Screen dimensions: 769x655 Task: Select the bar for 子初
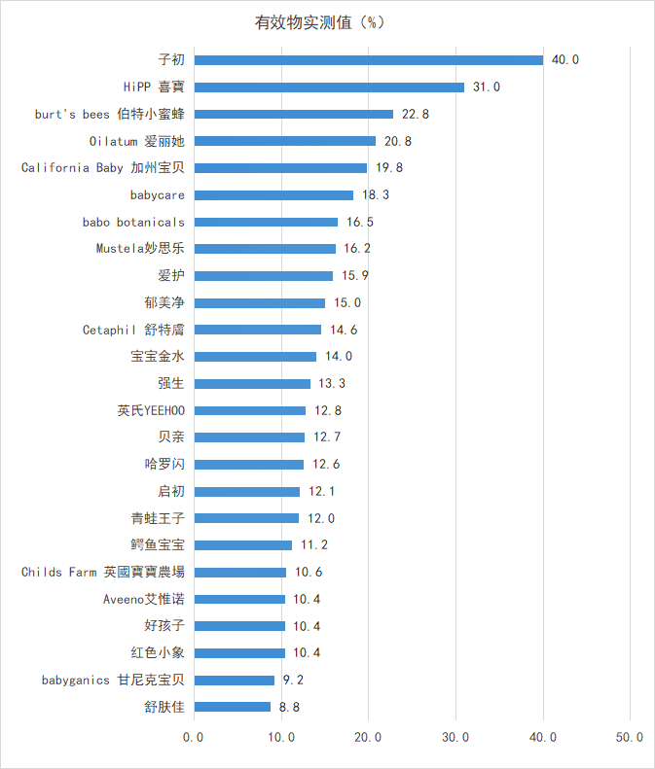coord(369,60)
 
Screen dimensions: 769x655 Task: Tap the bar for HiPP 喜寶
coord(329,87)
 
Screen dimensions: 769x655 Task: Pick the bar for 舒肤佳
coord(233,707)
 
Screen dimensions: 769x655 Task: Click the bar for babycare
coord(273,195)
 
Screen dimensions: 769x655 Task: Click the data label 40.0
coord(564,60)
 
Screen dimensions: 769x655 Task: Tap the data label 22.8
coord(415,115)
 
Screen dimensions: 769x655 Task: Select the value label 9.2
coord(293,681)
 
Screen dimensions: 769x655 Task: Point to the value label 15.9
coord(354,276)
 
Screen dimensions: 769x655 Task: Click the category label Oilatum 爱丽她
coord(136,142)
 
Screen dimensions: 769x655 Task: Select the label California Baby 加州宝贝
coord(103,168)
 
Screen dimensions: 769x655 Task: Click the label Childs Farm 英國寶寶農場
coord(103,573)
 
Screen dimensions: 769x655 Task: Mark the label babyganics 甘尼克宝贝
coord(113,681)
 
